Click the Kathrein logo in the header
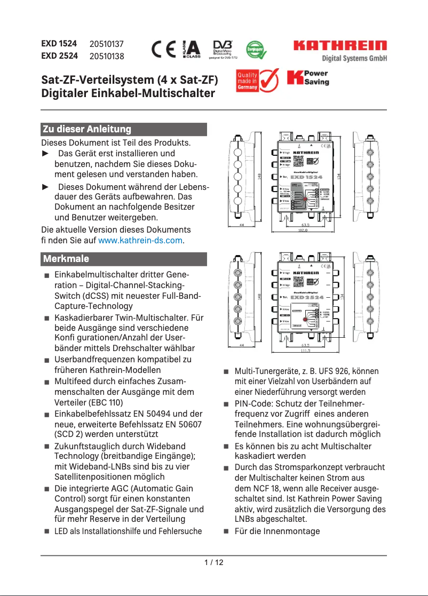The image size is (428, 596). point(339,46)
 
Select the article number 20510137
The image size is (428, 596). point(107,44)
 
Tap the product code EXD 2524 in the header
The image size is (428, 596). point(59,55)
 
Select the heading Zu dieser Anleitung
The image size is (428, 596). point(87,129)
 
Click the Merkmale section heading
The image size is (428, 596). point(66,259)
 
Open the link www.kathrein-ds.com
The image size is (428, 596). point(140,241)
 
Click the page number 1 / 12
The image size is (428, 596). point(214,562)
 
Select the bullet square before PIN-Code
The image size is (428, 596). point(226,404)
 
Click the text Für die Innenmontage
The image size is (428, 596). point(277,531)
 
